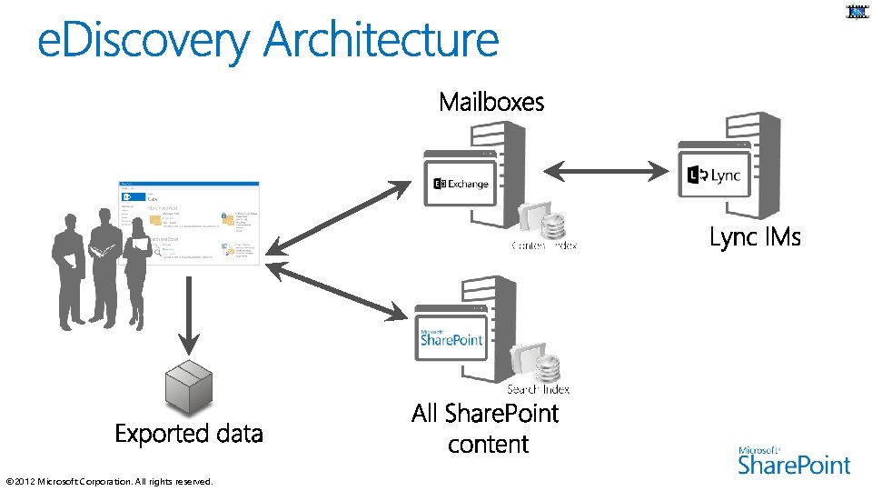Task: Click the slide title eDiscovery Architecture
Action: pos(268,42)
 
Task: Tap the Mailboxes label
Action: pos(491,102)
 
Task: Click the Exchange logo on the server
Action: pos(461,184)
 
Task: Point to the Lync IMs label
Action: pos(755,237)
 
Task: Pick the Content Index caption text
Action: pos(544,245)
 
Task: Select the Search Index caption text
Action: pos(538,389)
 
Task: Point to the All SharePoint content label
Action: pos(485,428)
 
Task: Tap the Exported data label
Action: pos(189,434)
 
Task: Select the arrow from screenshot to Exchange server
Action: pos(338,217)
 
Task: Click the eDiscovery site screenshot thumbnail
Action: pos(189,224)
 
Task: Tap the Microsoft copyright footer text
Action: pos(109,481)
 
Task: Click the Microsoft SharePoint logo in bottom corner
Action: pos(794,461)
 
